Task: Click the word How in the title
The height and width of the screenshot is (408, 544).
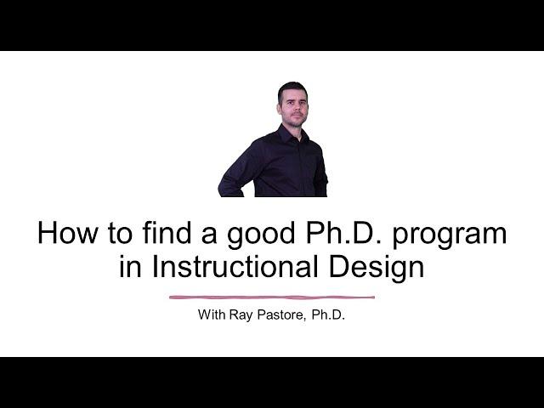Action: (68, 232)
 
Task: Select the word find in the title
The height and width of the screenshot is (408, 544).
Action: (167, 232)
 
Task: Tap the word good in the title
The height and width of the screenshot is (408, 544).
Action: (261, 235)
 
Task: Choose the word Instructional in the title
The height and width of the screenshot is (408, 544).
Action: (235, 266)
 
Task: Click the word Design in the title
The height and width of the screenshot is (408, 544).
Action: (377, 269)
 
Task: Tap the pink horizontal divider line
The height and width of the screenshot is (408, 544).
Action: (272, 297)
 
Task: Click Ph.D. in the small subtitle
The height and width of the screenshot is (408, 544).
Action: (328, 314)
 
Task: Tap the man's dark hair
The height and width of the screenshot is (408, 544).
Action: (292, 88)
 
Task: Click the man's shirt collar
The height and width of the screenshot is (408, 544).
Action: (292, 133)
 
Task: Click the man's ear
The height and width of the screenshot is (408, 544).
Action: (279, 109)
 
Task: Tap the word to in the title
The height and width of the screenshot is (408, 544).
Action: (120, 233)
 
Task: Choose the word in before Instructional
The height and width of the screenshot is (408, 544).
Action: (130, 266)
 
